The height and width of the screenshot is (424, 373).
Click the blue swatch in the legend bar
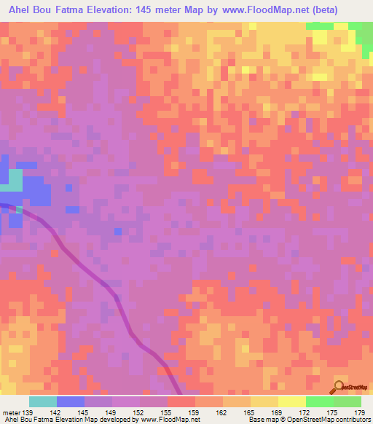[x=70, y=401]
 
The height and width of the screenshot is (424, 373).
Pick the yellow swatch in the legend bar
[x=292, y=401]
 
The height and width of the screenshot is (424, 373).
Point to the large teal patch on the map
[x=15, y=179]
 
